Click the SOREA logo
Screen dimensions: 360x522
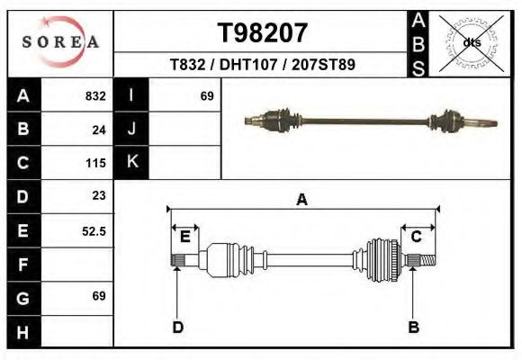[x=60, y=42]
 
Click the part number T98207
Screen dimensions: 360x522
[x=263, y=33]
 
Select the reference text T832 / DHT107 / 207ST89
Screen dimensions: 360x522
[x=262, y=65]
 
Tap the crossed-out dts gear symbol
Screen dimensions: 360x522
[x=471, y=42]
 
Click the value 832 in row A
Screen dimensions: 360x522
[x=95, y=95]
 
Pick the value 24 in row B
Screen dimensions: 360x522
[x=99, y=130]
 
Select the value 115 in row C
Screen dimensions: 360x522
[x=95, y=163]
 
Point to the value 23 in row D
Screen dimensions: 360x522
[x=99, y=195]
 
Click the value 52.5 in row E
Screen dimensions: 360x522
[x=94, y=230]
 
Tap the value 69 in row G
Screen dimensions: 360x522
[x=99, y=296]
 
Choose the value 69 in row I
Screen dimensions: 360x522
[x=206, y=95]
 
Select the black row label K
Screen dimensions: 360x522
[x=131, y=163]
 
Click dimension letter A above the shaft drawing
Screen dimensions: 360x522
[x=301, y=200]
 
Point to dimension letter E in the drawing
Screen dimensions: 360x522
[x=184, y=237]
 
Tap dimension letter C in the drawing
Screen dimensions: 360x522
[x=416, y=237]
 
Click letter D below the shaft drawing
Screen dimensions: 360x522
[x=177, y=327]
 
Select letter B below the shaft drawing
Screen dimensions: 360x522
[x=413, y=327]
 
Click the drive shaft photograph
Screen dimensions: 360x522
[x=369, y=120]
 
